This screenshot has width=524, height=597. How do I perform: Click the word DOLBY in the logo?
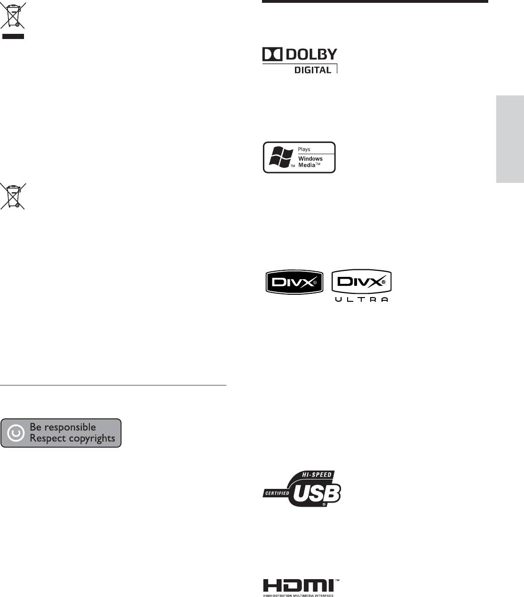[311, 54]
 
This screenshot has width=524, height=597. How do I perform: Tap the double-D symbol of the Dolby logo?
[272, 54]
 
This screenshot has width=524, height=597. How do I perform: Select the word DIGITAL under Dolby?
[313, 70]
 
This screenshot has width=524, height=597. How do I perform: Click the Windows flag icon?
[281, 157]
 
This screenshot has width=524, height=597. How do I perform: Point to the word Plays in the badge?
[304, 149]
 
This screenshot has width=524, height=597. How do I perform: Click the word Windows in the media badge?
[310, 158]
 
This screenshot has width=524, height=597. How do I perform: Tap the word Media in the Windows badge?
[307, 165]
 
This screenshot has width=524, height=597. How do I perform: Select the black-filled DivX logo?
[294, 282]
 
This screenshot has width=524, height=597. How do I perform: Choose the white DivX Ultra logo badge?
[362, 282]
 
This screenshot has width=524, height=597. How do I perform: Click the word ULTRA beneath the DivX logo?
[362, 300]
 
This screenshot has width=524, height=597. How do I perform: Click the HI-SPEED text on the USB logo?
[317, 474]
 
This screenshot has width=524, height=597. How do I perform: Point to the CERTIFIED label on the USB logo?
[277, 493]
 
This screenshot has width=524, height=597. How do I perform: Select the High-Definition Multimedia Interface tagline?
[298, 596]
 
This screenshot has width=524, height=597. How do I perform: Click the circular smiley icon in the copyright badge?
[16, 433]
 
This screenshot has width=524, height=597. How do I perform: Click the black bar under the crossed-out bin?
[13, 36]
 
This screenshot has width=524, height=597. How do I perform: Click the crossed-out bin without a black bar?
[13, 196]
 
